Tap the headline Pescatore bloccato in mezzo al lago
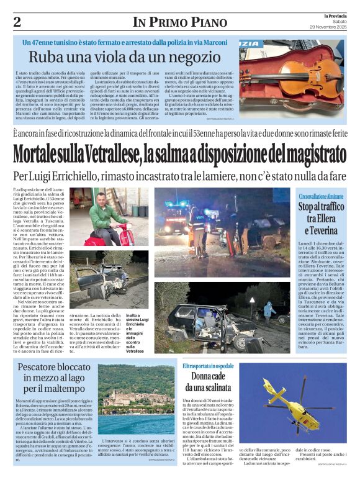click(x=55, y=378)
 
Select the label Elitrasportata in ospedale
click(x=209, y=366)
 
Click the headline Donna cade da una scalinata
click(x=209, y=382)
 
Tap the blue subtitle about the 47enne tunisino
click(x=128, y=42)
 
